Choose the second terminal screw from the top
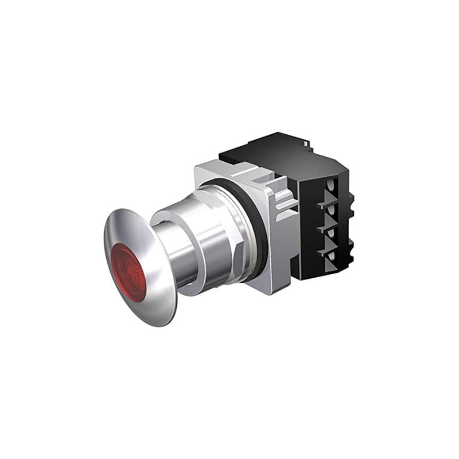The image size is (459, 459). click(x=332, y=209)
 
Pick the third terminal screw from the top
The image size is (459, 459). click(x=332, y=232)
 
